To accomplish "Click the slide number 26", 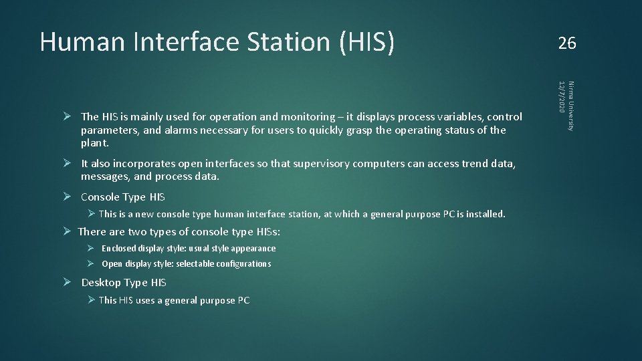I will click(x=566, y=43).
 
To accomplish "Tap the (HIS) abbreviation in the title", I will click(x=367, y=42).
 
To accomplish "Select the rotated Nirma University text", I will click(x=570, y=106).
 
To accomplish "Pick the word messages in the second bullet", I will click(x=105, y=177).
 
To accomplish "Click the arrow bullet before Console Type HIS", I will click(x=67, y=197).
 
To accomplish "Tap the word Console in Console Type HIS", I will click(x=101, y=197).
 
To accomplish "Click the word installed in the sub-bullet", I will click(x=485, y=215).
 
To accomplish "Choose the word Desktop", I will click(x=101, y=283).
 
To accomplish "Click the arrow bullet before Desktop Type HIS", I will click(x=67, y=282).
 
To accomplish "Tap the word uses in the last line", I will click(x=146, y=301).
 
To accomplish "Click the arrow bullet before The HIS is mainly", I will click(x=67, y=116).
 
